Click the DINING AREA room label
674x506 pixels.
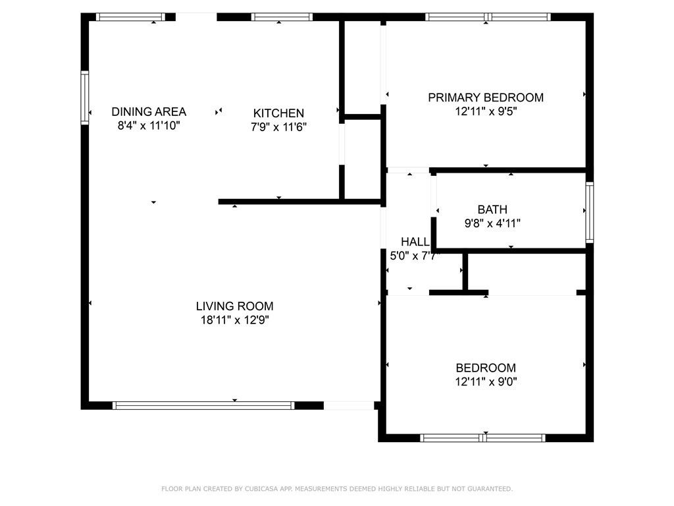click(x=149, y=112)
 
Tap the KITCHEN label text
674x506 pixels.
click(x=278, y=113)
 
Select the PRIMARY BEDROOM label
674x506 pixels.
click(x=486, y=98)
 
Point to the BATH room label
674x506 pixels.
click(x=492, y=210)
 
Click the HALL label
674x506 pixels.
click(x=415, y=242)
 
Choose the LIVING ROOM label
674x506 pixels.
click(x=235, y=306)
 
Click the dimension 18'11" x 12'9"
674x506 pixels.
click(x=235, y=320)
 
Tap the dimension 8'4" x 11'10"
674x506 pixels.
click(x=149, y=126)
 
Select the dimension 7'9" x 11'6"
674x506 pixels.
click(x=278, y=127)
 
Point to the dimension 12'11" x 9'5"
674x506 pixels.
click(x=486, y=111)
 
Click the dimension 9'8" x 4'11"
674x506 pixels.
click(x=492, y=223)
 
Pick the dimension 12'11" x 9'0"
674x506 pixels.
click(x=486, y=381)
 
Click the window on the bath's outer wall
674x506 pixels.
click(x=590, y=212)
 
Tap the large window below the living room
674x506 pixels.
click(x=203, y=405)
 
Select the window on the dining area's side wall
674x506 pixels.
click(x=85, y=98)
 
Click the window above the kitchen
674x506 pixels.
click(x=282, y=16)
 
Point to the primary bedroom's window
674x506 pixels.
click(x=488, y=16)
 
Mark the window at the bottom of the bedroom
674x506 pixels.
click(x=482, y=438)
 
